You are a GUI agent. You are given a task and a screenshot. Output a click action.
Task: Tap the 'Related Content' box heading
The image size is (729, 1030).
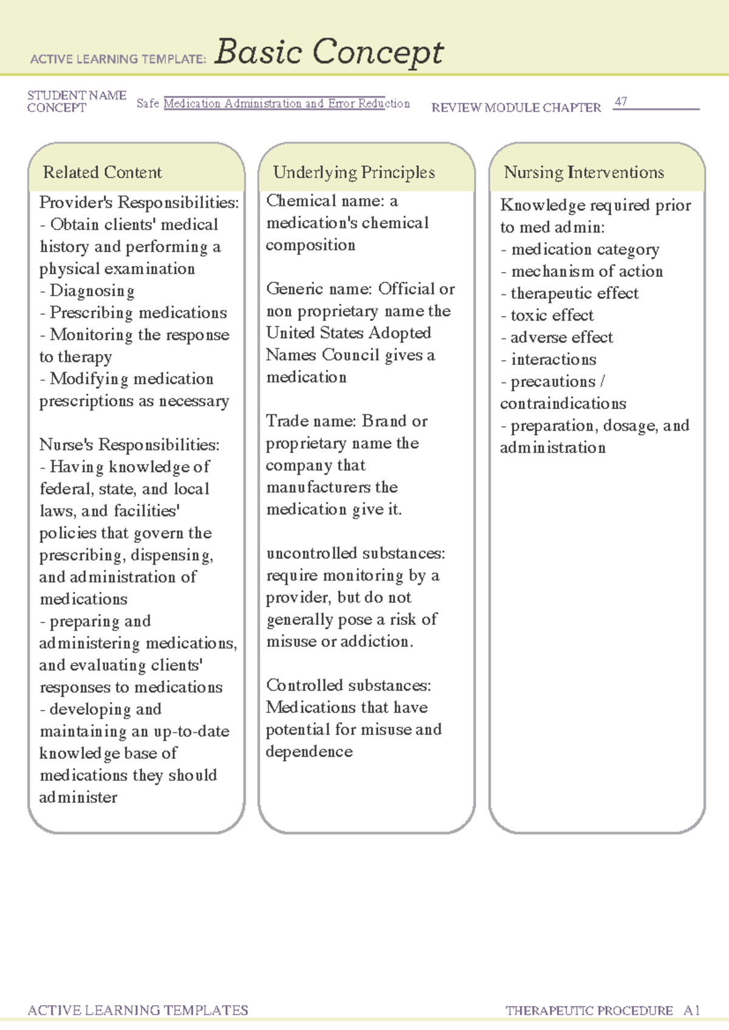(102, 172)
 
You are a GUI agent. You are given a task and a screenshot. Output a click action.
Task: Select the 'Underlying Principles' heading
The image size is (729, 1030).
(354, 172)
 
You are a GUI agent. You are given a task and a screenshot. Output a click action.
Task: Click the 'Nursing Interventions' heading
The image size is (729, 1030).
(584, 172)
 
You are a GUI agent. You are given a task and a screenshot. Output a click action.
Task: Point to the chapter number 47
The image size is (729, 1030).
(620, 102)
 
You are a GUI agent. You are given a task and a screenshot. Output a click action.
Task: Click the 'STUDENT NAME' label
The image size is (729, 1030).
(77, 95)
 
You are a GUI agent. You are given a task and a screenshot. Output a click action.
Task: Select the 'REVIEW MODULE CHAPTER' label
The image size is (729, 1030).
(516, 108)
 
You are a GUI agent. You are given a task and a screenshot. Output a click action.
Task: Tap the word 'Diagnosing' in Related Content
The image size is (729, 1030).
(92, 291)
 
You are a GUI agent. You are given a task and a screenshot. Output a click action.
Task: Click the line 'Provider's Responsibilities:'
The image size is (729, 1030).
(139, 202)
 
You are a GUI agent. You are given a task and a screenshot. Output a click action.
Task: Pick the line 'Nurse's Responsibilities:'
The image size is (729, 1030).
(129, 445)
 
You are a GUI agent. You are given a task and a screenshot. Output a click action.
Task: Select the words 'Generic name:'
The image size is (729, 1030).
(319, 289)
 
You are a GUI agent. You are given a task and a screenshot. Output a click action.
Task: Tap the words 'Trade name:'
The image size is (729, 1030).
(311, 421)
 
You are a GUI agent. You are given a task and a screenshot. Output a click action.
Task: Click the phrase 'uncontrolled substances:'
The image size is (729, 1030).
(355, 553)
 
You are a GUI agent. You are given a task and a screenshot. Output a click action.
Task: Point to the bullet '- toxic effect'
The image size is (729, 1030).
(547, 315)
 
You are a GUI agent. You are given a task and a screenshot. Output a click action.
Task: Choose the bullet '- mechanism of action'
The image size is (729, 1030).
(581, 271)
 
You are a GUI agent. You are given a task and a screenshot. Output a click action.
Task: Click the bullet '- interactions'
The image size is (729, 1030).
(548, 360)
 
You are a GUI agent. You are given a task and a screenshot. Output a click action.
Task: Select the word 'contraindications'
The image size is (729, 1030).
(563, 404)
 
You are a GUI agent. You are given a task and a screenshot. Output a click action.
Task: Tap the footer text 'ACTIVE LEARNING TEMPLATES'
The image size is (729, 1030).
(138, 1010)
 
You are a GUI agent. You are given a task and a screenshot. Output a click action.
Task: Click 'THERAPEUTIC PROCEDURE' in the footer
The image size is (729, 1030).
(589, 1011)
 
